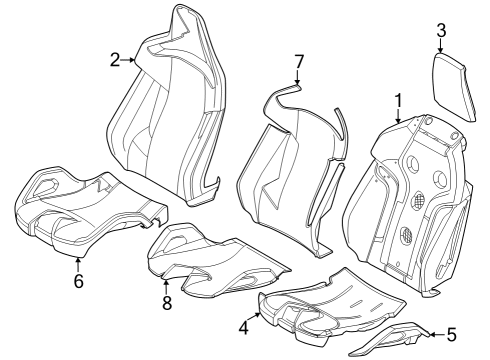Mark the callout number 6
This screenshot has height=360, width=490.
pyautogui.click(x=78, y=281)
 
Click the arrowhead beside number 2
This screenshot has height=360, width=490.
pyautogui.click(x=135, y=60)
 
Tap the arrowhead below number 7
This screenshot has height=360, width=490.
pyautogui.click(x=297, y=84)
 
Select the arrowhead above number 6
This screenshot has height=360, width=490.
pyautogui.click(x=78, y=261)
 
